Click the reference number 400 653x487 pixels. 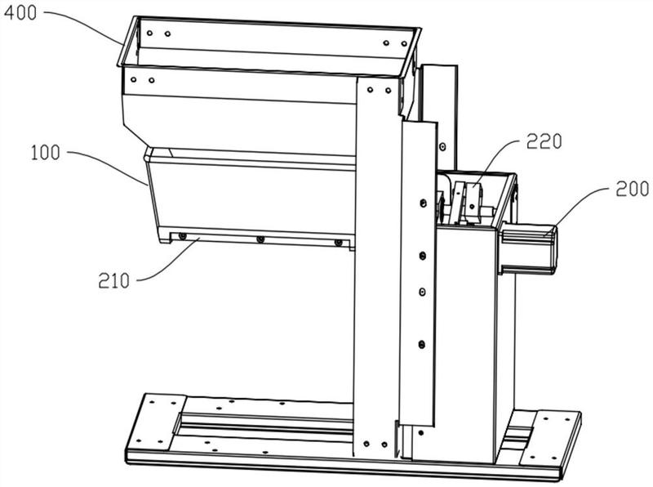20,13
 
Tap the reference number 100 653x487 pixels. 46,153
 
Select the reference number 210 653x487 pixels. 114,280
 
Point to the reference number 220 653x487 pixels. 544,141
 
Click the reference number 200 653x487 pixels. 632,189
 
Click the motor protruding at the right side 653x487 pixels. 527,249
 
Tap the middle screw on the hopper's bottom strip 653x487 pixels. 260,239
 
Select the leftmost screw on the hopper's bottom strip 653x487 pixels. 182,236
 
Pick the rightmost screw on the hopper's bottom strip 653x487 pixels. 339,242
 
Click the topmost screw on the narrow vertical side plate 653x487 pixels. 423,203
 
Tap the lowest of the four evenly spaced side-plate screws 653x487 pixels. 421,344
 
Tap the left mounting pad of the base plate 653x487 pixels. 155,421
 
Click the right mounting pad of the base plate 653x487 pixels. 550,439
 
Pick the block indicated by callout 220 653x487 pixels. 473,200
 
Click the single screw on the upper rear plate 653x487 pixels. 442,147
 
